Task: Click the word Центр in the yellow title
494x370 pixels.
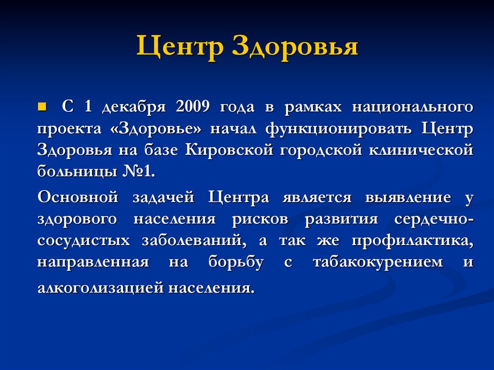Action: pos(180,49)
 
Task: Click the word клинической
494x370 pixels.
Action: pos(421,151)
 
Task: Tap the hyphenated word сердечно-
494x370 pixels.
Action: pos(434,219)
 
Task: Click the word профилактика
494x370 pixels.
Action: pos(412,241)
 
